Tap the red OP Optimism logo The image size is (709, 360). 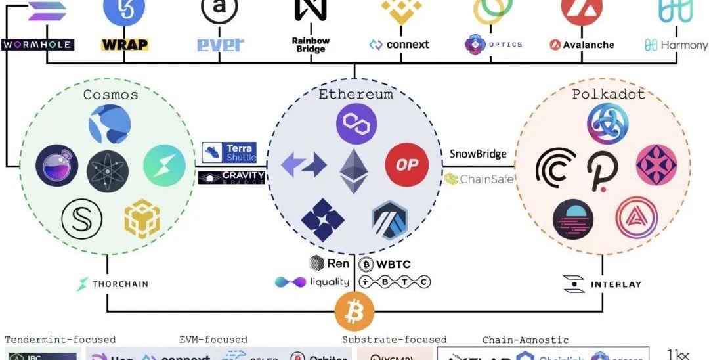[406, 164]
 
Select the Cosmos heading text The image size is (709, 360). [111, 95]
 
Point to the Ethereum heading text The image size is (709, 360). [356, 94]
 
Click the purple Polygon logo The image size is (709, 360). [356, 124]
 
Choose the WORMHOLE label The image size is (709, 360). [37, 45]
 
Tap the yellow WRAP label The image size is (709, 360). [125, 45]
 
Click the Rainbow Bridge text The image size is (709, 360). [311, 45]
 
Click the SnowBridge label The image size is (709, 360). [478, 154]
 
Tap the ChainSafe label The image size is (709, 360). [479, 179]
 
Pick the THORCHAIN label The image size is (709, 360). [113, 284]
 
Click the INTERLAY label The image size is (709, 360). [602, 284]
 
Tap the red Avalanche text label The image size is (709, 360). [582, 45]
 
